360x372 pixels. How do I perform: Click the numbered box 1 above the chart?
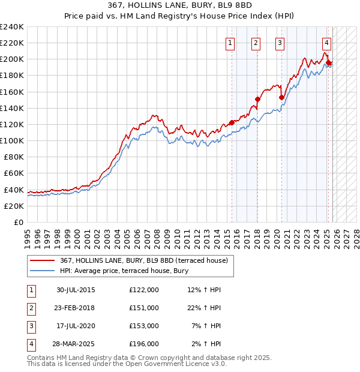(231, 43)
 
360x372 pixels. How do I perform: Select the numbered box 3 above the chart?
(280, 43)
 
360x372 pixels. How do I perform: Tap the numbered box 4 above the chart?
(326, 43)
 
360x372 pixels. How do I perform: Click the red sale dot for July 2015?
(232, 122)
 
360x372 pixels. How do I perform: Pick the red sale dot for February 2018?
(257, 99)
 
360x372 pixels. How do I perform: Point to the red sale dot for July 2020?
(281, 97)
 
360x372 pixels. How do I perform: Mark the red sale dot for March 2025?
(329, 62)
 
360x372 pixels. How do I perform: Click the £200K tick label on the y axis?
(12, 59)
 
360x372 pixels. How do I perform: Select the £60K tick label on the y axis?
(14, 173)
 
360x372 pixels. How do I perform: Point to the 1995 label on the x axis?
(28, 235)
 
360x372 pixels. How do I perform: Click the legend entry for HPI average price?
(124, 271)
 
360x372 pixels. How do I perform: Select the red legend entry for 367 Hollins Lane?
(143, 261)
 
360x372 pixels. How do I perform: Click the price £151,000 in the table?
(144, 308)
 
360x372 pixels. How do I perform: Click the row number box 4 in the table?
(30, 344)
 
